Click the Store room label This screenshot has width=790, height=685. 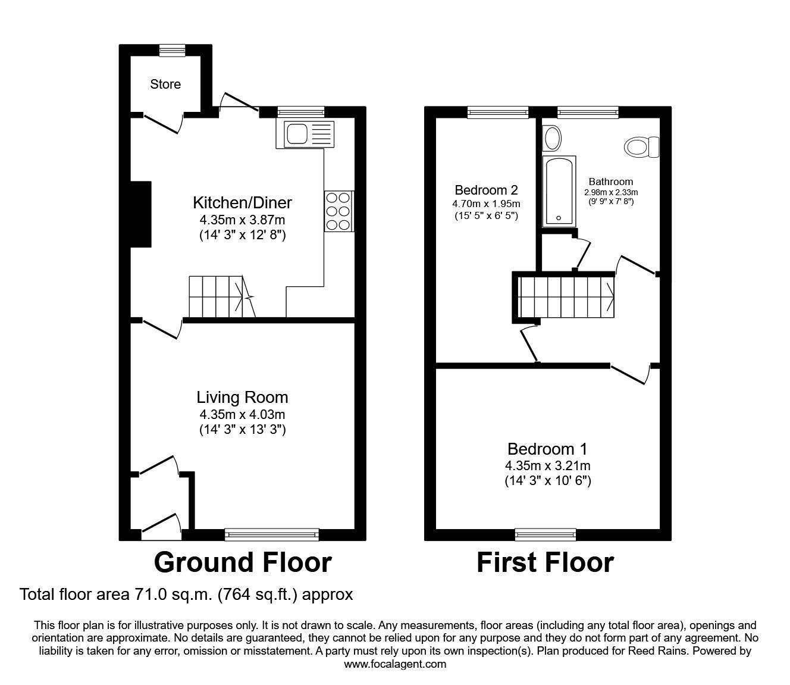point(165,85)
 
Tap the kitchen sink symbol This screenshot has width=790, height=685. point(305,134)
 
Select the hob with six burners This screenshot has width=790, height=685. point(339,211)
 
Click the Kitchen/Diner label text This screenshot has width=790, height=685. point(242,203)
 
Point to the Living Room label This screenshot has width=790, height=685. point(242,398)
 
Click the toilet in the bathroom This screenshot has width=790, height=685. point(641,146)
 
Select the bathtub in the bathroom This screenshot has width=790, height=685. point(559,190)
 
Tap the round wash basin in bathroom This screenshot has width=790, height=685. point(552,138)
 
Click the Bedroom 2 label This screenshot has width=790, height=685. point(486,190)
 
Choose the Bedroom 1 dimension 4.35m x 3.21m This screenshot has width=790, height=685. point(547,466)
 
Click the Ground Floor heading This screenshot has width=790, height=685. point(243,562)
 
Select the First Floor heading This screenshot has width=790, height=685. point(545,562)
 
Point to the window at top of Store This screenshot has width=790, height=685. point(172,51)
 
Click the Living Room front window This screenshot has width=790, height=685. point(272,534)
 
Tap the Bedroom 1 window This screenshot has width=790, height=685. point(546,534)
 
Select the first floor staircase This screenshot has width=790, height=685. point(565,296)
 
